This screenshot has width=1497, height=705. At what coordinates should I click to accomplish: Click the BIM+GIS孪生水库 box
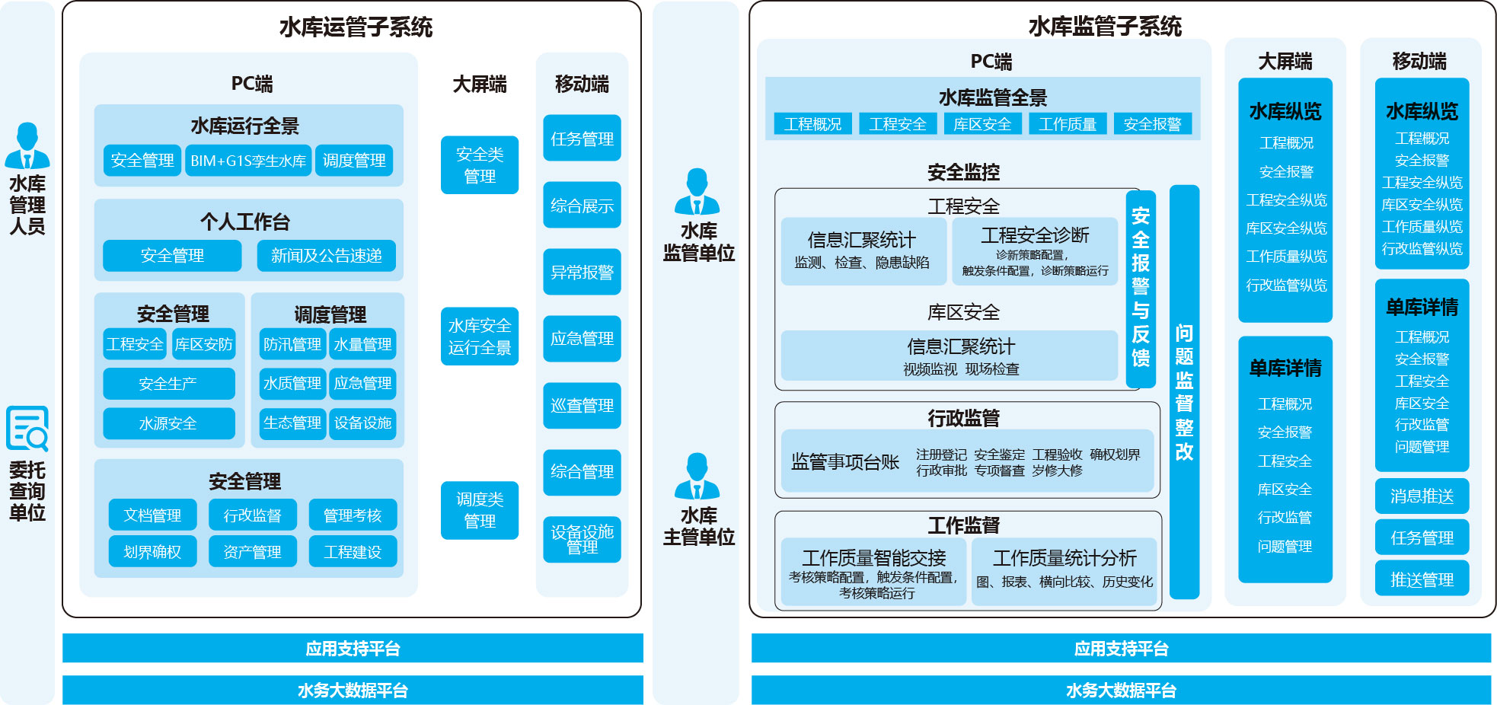click(x=248, y=161)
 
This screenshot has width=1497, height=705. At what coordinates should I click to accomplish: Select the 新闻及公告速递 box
click(x=326, y=256)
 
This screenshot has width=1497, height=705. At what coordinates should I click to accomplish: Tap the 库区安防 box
click(x=203, y=344)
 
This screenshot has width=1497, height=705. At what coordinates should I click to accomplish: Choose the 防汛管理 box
click(x=292, y=344)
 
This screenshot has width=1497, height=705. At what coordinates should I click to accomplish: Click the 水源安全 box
click(x=168, y=423)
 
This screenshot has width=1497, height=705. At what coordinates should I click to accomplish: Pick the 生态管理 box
click(x=292, y=423)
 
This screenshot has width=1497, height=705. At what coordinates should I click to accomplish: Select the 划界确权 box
click(x=152, y=551)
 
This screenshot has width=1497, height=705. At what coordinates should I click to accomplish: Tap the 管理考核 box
click(x=353, y=515)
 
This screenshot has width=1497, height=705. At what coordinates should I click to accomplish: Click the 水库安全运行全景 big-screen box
click(x=480, y=337)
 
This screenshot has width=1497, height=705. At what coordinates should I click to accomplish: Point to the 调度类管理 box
click(x=480, y=510)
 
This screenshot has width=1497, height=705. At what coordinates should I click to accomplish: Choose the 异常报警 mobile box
click(x=582, y=272)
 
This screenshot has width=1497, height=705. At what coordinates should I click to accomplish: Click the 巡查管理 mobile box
click(x=582, y=406)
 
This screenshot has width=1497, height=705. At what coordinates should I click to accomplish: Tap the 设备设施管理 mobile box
click(x=582, y=539)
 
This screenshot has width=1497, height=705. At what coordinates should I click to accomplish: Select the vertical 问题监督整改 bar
click(x=1184, y=391)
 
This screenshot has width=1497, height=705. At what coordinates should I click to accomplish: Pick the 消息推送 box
click(x=1422, y=496)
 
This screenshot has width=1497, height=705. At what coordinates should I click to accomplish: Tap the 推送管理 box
click(x=1422, y=579)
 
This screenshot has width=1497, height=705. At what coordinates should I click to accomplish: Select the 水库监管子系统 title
click(x=1105, y=27)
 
